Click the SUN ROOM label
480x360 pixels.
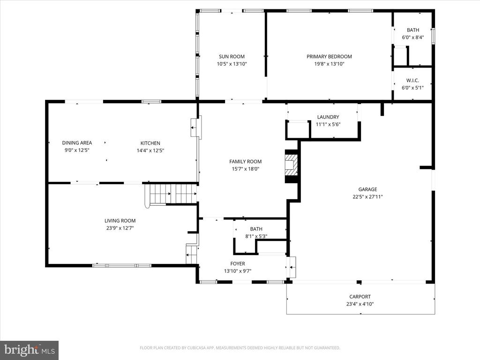(x=232, y=57)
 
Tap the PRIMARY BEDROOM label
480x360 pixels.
(x=329, y=57)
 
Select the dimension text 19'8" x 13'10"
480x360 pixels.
(x=329, y=64)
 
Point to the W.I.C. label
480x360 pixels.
(x=412, y=81)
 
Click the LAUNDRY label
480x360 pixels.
(x=328, y=117)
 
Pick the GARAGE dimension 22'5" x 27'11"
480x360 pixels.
(x=367, y=197)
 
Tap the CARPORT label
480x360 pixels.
(x=360, y=297)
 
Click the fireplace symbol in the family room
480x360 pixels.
(x=291, y=166)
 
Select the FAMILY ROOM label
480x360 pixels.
(x=246, y=162)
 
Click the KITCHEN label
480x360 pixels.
(x=150, y=143)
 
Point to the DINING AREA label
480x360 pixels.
(x=77, y=143)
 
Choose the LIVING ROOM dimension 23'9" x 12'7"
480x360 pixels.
(x=120, y=228)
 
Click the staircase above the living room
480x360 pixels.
(x=171, y=194)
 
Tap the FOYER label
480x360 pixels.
(x=238, y=263)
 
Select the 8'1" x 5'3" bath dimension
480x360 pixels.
(x=256, y=236)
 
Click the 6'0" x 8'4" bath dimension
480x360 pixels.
(x=413, y=37)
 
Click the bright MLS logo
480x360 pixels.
(x=30, y=350)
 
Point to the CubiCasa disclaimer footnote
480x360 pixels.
(x=240, y=348)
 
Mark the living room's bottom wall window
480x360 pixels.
(x=122, y=265)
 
